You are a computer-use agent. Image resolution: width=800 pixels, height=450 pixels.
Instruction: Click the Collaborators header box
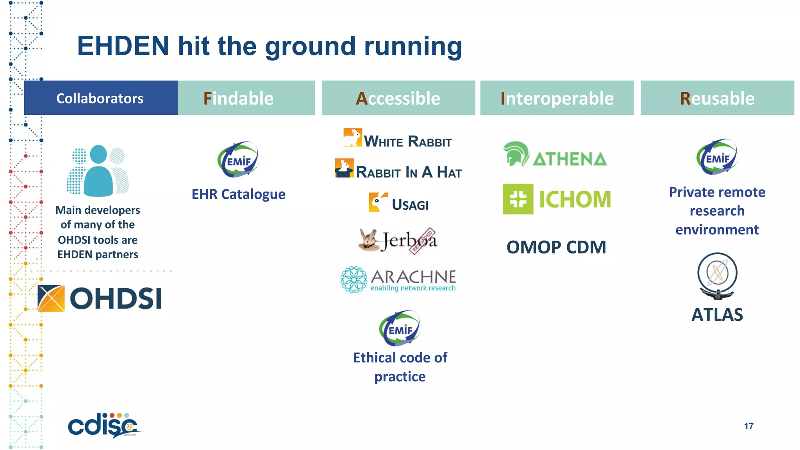[100, 98]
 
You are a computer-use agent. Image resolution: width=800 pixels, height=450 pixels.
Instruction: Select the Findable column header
[246, 98]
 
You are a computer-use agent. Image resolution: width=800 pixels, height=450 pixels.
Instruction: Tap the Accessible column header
[398, 98]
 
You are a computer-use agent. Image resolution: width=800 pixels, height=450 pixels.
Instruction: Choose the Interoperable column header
[557, 98]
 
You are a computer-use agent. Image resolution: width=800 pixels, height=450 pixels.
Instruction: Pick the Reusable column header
[717, 98]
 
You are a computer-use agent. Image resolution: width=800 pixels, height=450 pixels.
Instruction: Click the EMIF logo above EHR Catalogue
[238, 160]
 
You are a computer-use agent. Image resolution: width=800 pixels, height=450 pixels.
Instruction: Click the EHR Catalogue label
[238, 194]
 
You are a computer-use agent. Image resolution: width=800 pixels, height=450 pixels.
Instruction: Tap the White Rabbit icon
[352, 137]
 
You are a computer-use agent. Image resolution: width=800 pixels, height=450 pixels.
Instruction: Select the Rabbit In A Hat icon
[344, 168]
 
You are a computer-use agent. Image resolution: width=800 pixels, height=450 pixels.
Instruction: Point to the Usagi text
[410, 205]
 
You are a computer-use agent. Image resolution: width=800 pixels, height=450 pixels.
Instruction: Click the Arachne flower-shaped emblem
[354, 280]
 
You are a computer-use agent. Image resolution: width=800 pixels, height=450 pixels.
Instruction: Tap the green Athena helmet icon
[516, 154]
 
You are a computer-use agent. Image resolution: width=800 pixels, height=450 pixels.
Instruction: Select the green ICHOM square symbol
[518, 199]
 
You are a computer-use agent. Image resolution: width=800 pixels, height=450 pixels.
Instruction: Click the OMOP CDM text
[556, 247]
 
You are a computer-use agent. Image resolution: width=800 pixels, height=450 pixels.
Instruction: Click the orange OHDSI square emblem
[51, 298]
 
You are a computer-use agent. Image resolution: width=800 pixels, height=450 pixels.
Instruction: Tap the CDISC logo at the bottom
[104, 426]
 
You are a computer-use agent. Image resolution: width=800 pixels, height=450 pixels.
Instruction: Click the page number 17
[748, 426]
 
